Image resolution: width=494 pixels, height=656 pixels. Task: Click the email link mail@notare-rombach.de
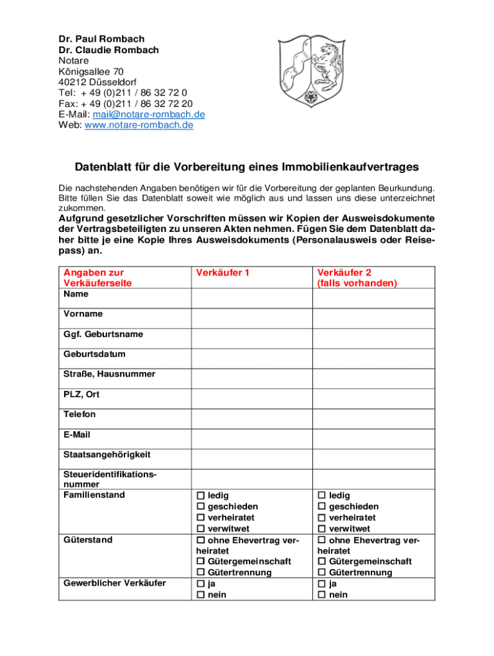(x=149, y=115)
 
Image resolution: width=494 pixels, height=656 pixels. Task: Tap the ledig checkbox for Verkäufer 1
(x=201, y=496)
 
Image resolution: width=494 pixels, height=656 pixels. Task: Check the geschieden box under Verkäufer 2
(x=321, y=507)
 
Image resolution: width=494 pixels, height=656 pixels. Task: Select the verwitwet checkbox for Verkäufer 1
(x=201, y=529)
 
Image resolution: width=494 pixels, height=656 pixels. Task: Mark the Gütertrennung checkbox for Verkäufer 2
(x=321, y=573)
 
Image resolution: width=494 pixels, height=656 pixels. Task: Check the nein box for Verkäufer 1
(x=201, y=595)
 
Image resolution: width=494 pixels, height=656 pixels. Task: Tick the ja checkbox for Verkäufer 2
(x=321, y=584)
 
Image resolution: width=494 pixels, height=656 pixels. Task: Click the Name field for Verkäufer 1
(x=251, y=299)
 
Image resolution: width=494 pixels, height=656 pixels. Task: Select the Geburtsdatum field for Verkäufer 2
(x=373, y=359)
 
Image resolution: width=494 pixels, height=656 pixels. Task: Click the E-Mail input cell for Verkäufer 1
(x=251, y=439)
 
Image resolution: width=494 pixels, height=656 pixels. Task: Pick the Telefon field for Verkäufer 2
(x=373, y=419)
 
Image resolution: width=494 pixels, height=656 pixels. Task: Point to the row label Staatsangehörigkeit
(x=106, y=455)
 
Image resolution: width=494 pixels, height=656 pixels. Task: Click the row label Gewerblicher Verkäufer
(x=114, y=583)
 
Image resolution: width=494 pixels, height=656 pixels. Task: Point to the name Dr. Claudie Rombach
(x=108, y=50)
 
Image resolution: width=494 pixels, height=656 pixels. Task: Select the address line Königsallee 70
(x=91, y=72)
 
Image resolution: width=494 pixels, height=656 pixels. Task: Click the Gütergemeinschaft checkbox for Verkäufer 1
(x=201, y=562)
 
